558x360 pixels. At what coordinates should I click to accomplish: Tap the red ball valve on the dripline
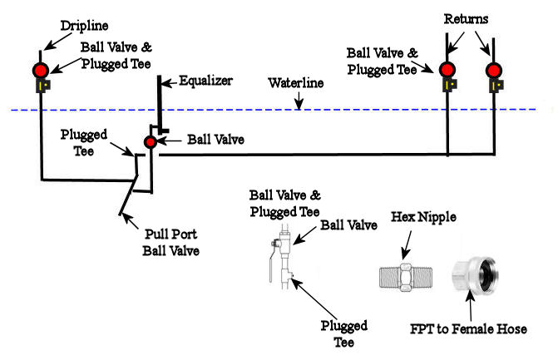[41, 68]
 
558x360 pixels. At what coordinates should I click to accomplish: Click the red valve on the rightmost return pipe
[494, 68]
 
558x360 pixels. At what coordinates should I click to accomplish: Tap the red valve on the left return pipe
[448, 68]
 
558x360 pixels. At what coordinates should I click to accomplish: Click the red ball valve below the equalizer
[150, 142]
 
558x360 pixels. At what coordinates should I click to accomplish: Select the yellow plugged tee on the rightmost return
[496, 85]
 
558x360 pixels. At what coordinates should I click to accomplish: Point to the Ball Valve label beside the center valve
[216, 140]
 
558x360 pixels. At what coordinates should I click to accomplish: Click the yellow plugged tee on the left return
[450, 85]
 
